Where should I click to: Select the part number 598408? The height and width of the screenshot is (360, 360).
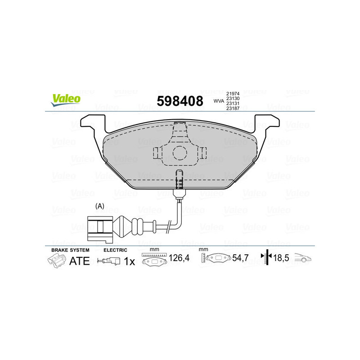180,101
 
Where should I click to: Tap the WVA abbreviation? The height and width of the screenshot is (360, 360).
218,101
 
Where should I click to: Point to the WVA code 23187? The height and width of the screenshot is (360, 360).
233,108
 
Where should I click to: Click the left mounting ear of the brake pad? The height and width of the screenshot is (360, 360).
89,122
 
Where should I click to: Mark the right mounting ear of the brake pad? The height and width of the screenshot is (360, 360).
267,122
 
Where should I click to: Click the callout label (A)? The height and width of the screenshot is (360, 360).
100,206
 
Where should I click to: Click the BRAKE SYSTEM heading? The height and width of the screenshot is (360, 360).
70,250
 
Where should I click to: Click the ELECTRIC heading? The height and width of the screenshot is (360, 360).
116,250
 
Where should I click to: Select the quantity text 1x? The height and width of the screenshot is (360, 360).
129,261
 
